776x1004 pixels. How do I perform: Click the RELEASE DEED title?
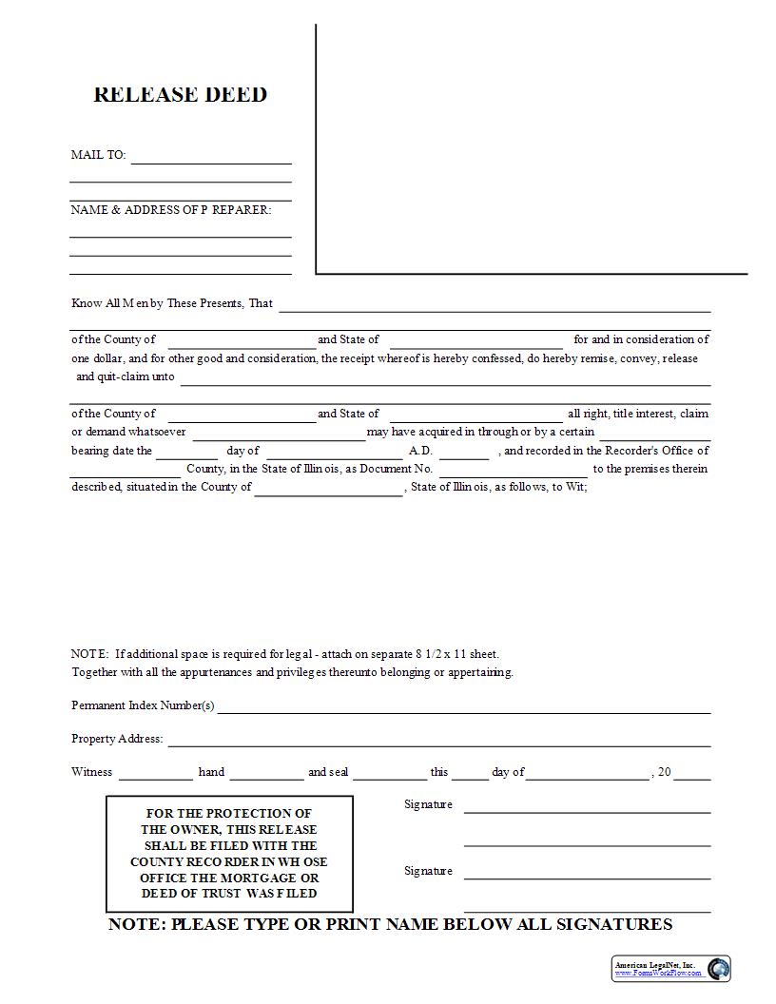[x=180, y=94]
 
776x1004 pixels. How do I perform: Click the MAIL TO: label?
[x=98, y=155]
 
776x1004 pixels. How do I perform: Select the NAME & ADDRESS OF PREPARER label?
[x=170, y=210]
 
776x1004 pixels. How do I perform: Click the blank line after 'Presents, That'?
[x=495, y=308]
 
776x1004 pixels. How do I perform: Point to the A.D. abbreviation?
[x=420, y=451]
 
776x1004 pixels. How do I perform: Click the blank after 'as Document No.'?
[x=514, y=473]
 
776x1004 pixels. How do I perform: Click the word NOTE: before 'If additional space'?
[x=90, y=654]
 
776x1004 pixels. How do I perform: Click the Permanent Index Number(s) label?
[x=143, y=705]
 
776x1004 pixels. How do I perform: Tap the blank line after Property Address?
[x=439, y=743]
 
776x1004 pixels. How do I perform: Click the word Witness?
[x=91, y=772]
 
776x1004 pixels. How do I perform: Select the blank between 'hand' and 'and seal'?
[x=266, y=776]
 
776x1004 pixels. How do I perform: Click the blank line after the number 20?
[x=692, y=776]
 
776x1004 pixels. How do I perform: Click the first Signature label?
[x=428, y=804]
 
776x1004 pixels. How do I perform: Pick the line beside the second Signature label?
[x=587, y=875]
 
